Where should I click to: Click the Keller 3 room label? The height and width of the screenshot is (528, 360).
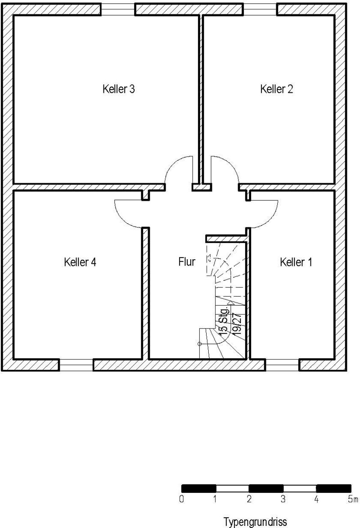tap(118, 89)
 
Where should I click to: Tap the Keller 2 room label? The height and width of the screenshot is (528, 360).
tap(276, 89)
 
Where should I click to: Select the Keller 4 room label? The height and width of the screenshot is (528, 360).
tap(80, 262)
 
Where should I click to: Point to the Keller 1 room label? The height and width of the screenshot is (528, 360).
tap(296, 262)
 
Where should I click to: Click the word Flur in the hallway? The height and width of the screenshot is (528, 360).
tap(187, 262)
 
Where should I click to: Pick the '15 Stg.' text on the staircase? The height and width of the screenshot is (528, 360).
tap(224, 320)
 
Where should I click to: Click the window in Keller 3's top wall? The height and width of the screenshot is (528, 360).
tap(118, 9)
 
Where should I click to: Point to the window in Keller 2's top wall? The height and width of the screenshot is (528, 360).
tap(260, 9)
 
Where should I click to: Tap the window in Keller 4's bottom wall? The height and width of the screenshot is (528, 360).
tap(76, 365)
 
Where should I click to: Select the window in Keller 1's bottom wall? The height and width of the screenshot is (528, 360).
tap(282, 365)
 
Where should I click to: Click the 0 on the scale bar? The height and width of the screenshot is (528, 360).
tap(182, 499)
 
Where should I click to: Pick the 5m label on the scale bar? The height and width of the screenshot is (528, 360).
tap(353, 499)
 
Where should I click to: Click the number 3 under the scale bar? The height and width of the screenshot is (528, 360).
tap(283, 499)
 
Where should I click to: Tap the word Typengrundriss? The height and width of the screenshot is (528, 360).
tap(255, 522)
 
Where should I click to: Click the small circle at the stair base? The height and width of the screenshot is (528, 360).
tap(199, 344)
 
